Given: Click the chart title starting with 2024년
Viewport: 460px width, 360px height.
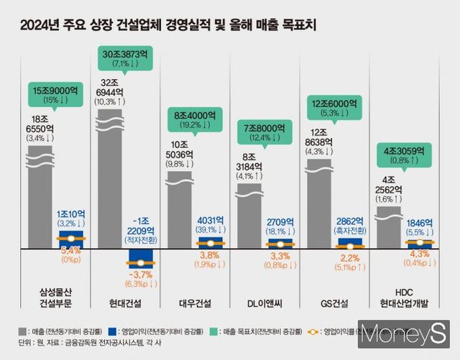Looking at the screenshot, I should (169, 27).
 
